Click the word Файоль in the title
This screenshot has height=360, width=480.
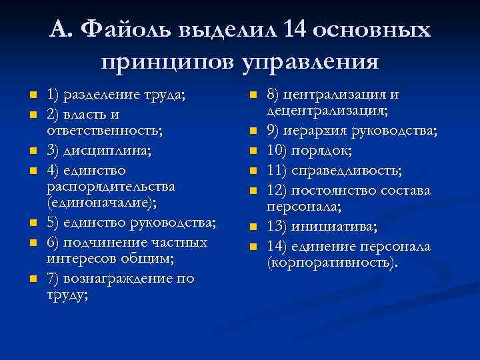[x=133, y=31]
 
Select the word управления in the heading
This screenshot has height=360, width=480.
[x=311, y=63]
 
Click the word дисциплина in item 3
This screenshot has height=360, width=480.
[x=110, y=151]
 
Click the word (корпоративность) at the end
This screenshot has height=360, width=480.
[x=333, y=263]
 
